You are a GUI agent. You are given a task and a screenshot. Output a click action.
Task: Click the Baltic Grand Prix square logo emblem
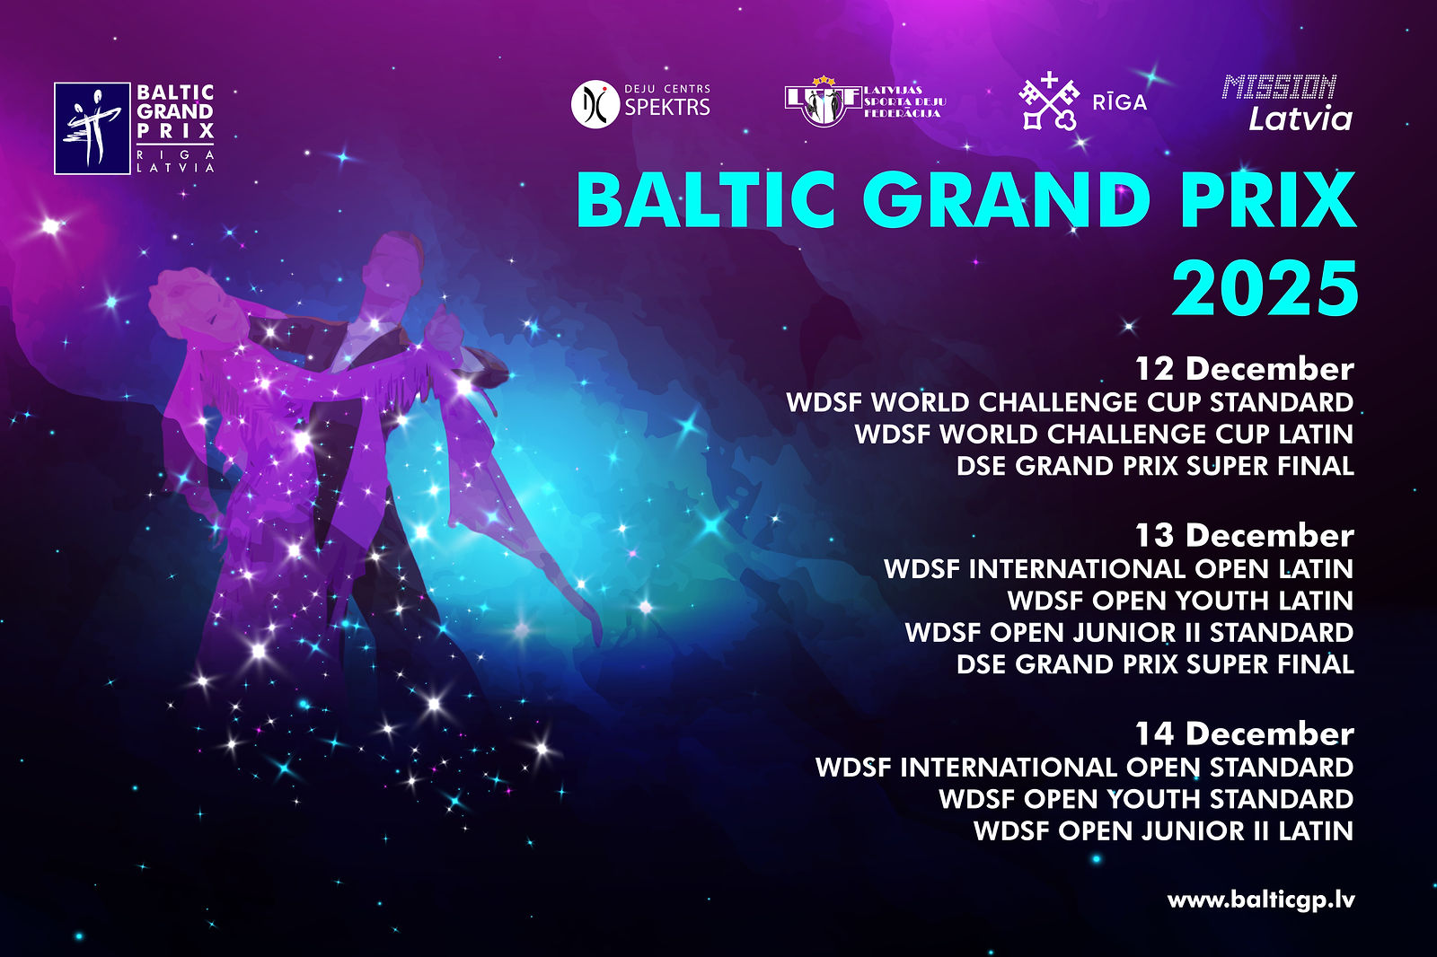tap(93, 128)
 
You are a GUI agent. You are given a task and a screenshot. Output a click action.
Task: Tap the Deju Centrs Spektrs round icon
tap(595, 104)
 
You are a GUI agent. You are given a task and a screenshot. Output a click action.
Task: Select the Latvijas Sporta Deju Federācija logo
tap(865, 101)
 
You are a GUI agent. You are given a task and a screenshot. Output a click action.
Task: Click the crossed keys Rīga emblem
tap(1049, 101)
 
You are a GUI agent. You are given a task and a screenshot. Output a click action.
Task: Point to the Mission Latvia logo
tap(1288, 102)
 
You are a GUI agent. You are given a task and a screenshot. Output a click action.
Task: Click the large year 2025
tap(1265, 289)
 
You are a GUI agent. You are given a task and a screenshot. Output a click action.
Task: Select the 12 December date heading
tap(1245, 370)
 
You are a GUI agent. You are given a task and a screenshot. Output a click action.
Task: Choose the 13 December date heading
tap(1245, 536)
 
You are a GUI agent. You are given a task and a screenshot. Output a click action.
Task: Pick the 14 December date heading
tap(1245, 733)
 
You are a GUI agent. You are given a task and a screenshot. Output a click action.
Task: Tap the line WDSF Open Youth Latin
tap(1180, 601)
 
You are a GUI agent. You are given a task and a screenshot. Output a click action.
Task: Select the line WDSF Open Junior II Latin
tap(1164, 831)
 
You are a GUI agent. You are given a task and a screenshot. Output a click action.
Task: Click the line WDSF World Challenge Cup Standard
tap(1070, 403)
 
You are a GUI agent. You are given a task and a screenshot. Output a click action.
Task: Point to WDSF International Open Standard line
tap(1085, 768)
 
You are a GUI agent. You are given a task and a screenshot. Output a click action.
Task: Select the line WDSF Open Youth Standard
tap(1146, 799)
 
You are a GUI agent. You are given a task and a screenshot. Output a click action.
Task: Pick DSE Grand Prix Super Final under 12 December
tap(1155, 466)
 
